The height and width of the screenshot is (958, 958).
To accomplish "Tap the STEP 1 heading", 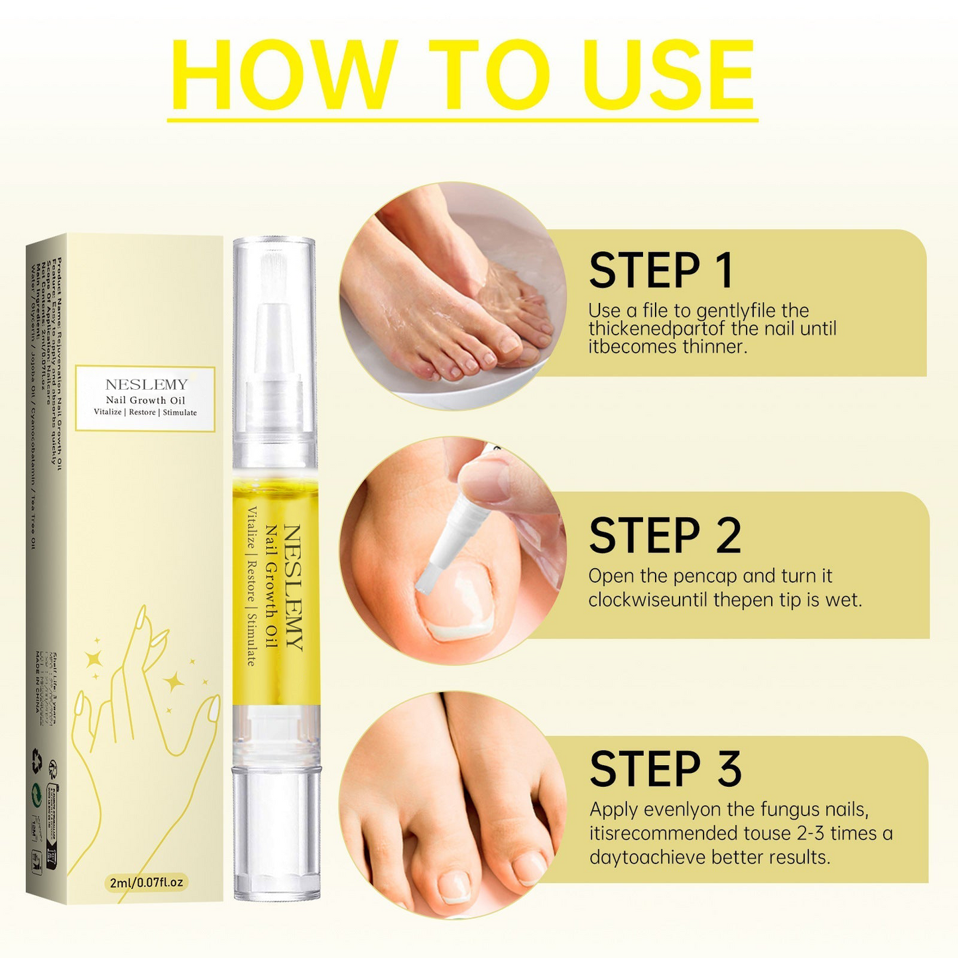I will (660, 270).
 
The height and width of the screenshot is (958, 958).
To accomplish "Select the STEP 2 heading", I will (664, 536).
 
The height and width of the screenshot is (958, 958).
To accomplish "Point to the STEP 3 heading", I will (664, 769).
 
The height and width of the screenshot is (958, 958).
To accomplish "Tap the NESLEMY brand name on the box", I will (147, 385).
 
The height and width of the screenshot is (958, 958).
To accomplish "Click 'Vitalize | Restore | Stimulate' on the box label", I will (145, 412).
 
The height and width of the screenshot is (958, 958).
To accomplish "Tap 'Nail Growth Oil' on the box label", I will (145, 400).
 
